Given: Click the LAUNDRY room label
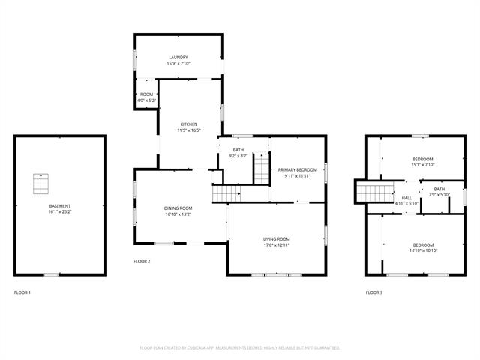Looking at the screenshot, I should [x=178, y=57].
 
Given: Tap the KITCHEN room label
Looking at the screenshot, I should [x=188, y=124].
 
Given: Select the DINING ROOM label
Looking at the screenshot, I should [x=178, y=208].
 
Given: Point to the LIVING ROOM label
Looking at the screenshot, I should [x=277, y=238].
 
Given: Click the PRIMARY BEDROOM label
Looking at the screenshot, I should [x=298, y=170].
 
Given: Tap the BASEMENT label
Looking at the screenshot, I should [x=60, y=206].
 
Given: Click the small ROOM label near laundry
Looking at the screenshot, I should [x=146, y=94].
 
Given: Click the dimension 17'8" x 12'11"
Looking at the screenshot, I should [x=277, y=245].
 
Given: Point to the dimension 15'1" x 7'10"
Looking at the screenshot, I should [x=423, y=166].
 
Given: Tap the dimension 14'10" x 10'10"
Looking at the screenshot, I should [x=423, y=251].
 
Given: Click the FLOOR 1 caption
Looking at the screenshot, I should [x=22, y=292].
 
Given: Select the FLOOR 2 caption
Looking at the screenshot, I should [x=142, y=261].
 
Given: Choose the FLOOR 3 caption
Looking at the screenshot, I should [x=373, y=292].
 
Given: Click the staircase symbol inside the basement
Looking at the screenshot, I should [x=40, y=183].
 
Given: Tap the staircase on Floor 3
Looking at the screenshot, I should [x=370, y=192].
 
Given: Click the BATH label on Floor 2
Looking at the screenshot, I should [x=238, y=150].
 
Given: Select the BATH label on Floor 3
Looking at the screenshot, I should [x=439, y=189].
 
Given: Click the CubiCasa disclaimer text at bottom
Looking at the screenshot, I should [x=240, y=347].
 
